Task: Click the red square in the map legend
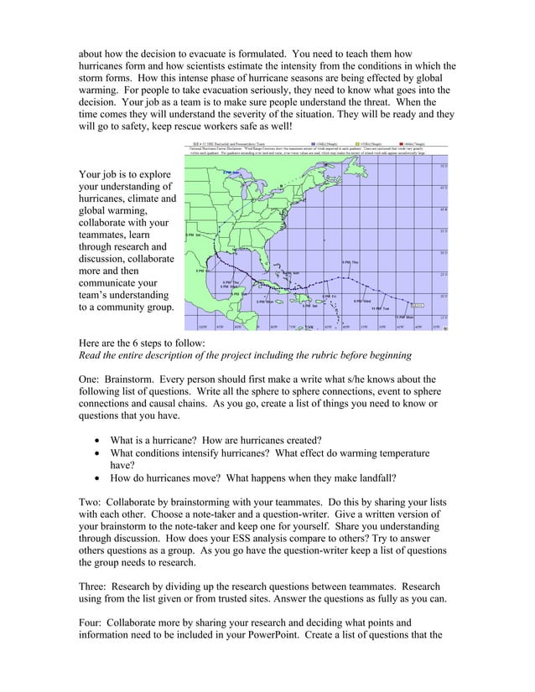click(x=402, y=142)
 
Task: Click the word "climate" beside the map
click(x=147, y=199)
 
